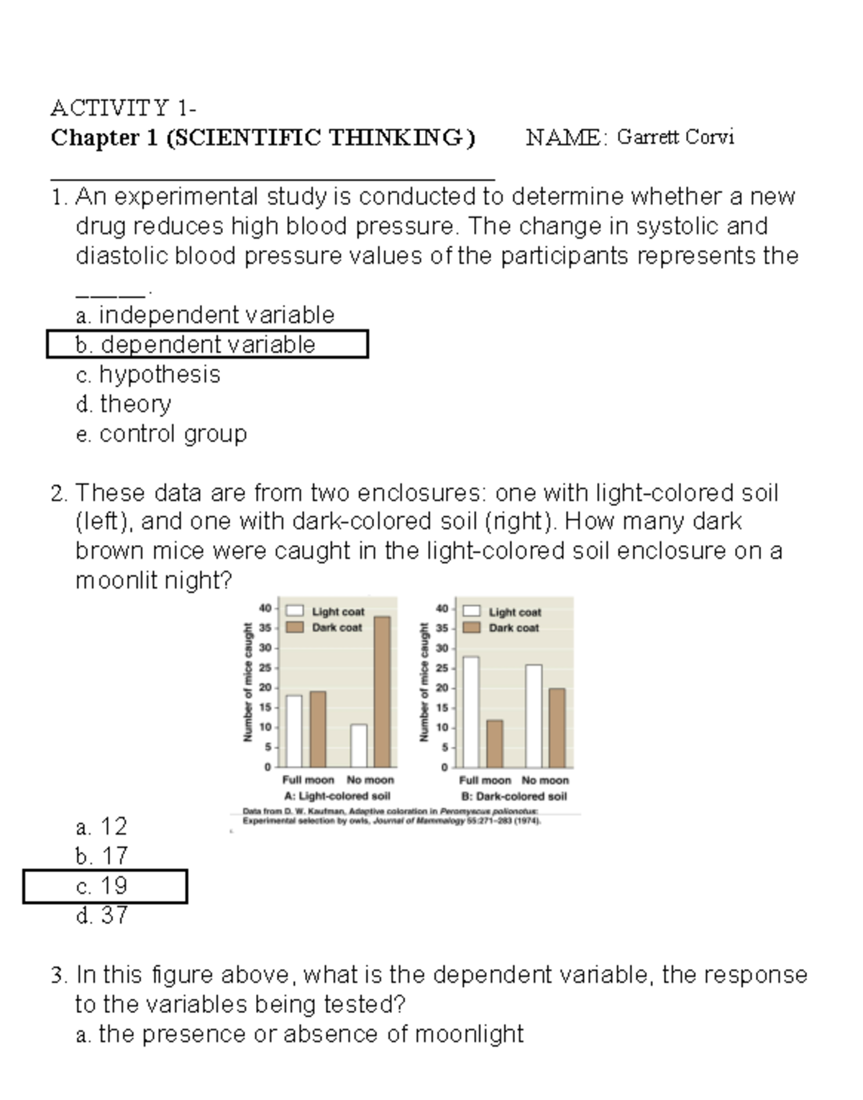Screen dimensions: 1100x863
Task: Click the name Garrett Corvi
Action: [675, 137]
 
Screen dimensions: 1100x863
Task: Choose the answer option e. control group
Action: [161, 434]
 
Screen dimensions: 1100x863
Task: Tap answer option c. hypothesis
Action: [148, 375]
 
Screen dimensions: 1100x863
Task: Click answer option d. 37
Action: [102, 915]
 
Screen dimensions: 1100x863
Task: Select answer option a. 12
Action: [101, 827]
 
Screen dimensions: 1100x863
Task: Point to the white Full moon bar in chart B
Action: [471, 712]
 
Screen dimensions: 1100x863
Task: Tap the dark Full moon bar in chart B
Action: [495, 743]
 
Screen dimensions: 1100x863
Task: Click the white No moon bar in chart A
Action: [359, 746]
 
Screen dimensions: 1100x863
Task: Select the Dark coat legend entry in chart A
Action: [328, 628]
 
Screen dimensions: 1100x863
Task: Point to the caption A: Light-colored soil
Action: [337, 797]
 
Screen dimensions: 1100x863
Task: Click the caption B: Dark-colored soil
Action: [513, 797]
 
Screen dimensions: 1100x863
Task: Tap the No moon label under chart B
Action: [545, 780]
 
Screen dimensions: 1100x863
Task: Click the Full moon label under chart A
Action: [308, 780]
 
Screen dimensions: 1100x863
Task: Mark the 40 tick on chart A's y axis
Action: [265, 608]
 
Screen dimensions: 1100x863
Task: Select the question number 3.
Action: [58, 975]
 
